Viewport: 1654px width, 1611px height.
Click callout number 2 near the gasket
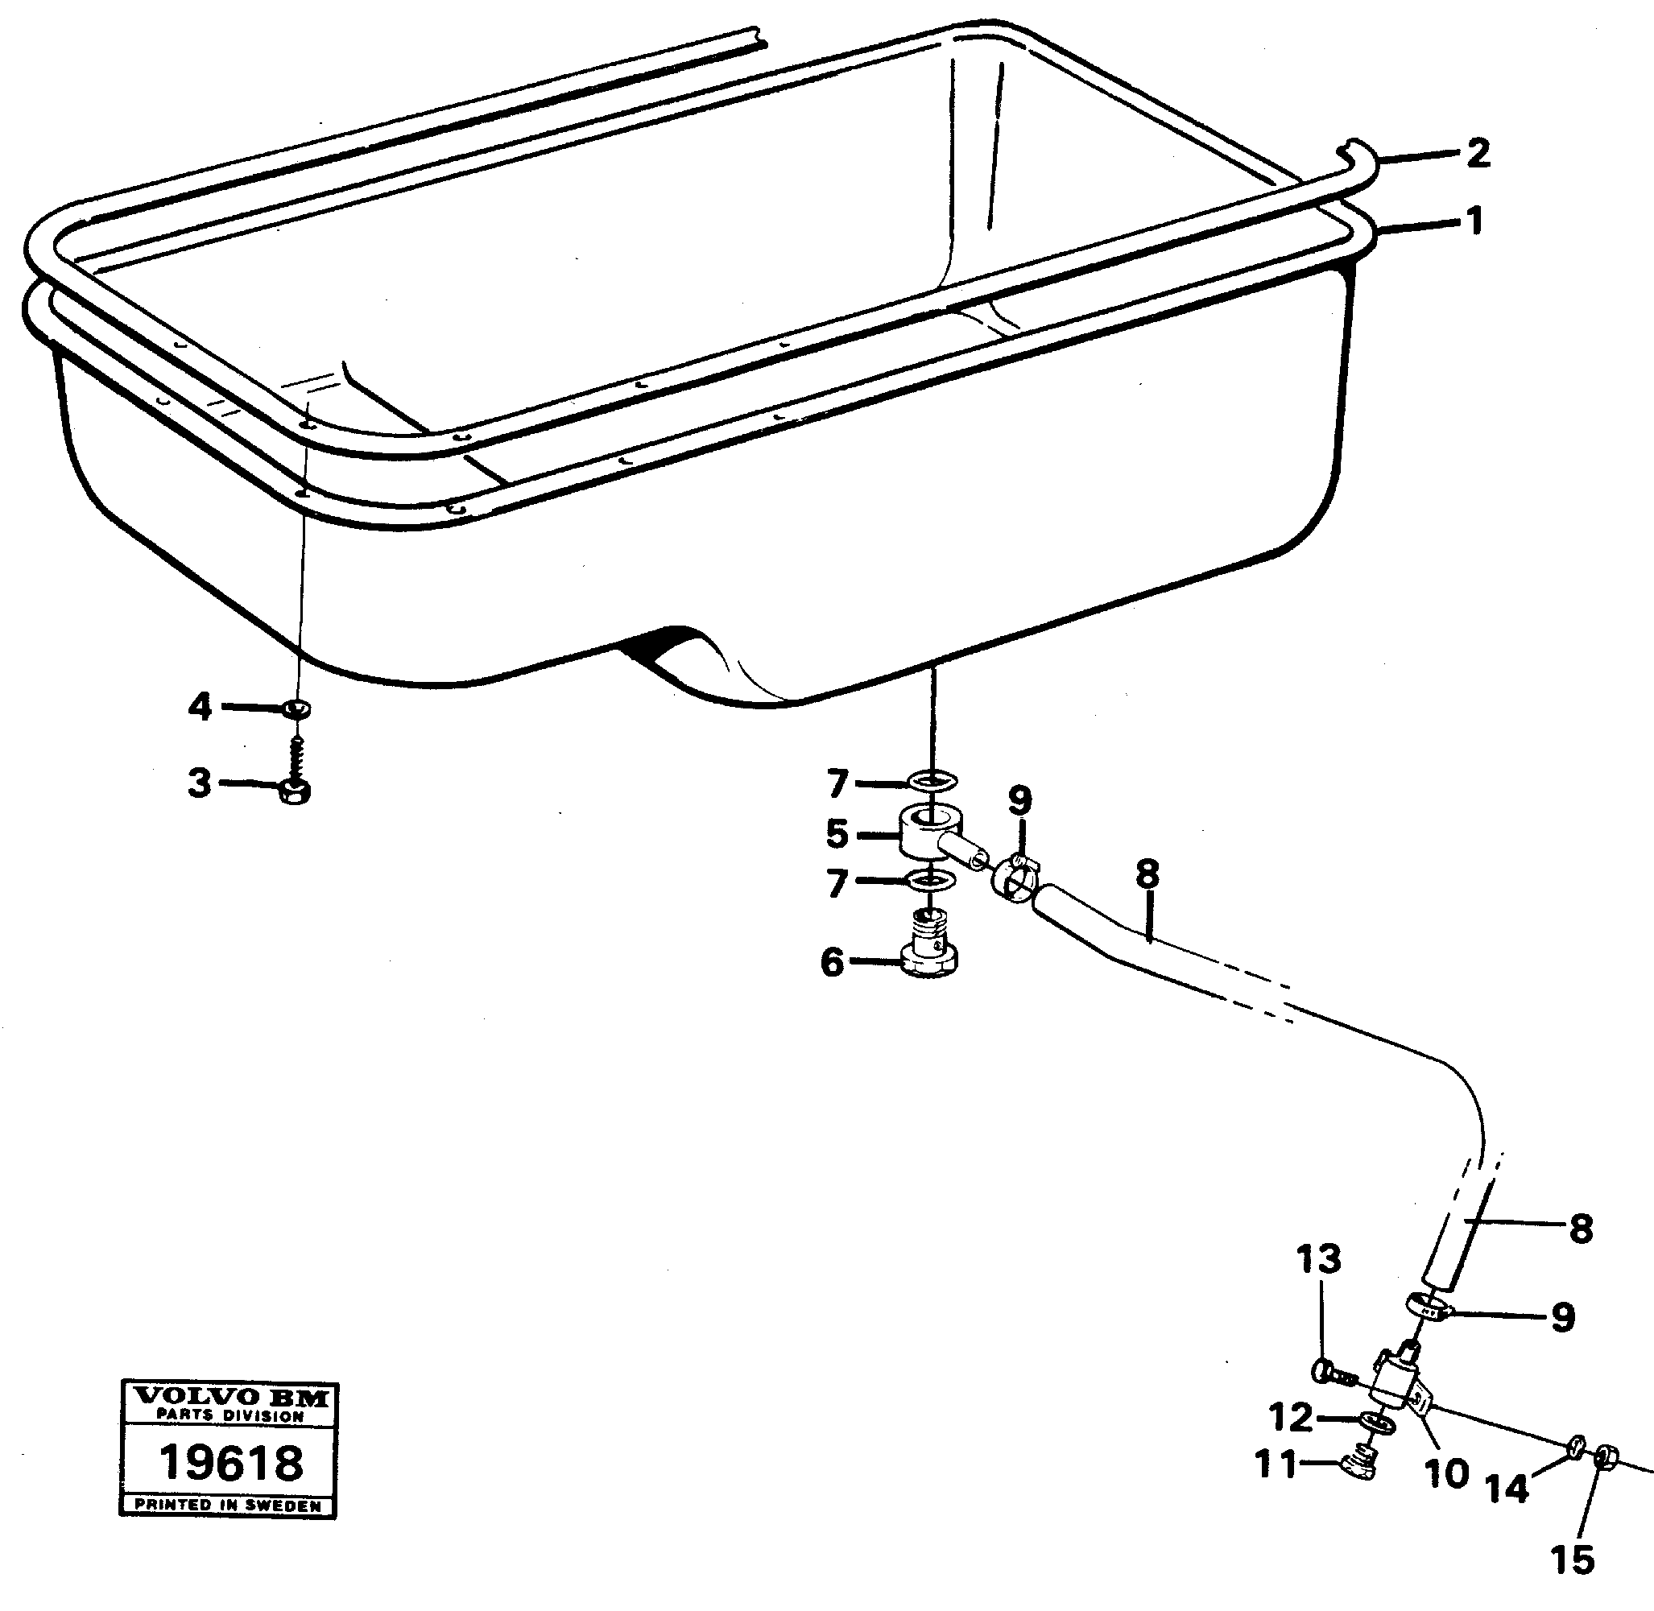click(x=1477, y=154)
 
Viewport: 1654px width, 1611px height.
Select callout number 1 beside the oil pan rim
click(x=1474, y=221)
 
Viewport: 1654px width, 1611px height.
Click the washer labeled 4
click(x=296, y=708)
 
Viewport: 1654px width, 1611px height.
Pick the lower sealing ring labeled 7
click(x=930, y=882)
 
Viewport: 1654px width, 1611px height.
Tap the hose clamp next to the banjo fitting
click(x=1013, y=877)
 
